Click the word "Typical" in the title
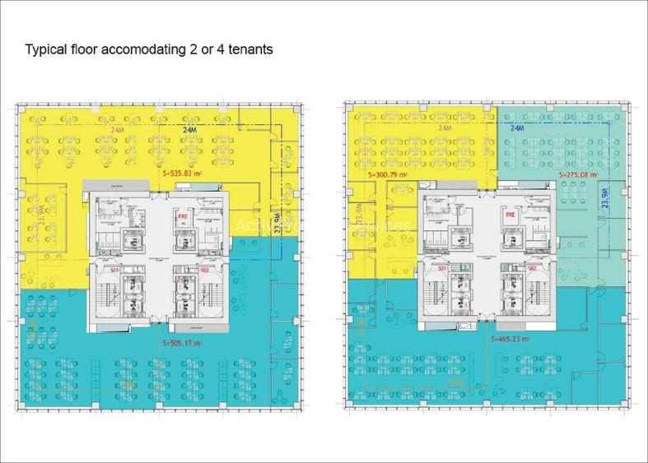[48, 50]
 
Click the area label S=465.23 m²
[510, 338]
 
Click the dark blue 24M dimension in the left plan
[192, 130]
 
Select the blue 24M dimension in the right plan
[518, 129]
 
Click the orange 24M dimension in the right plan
[446, 129]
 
